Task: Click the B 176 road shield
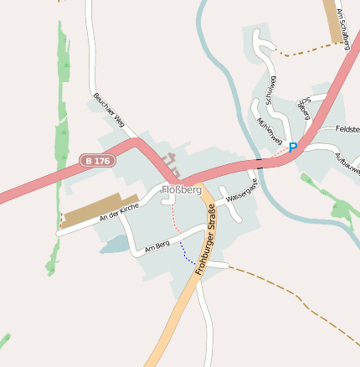tap(97, 160)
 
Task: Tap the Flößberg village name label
tap(183, 190)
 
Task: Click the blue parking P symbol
tap(293, 147)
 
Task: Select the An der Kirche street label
tap(119, 211)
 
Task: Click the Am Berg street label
tap(157, 246)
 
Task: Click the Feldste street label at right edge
tap(346, 129)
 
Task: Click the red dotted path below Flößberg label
tap(175, 220)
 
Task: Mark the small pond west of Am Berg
tap(116, 245)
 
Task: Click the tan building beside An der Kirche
tap(100, 209)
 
